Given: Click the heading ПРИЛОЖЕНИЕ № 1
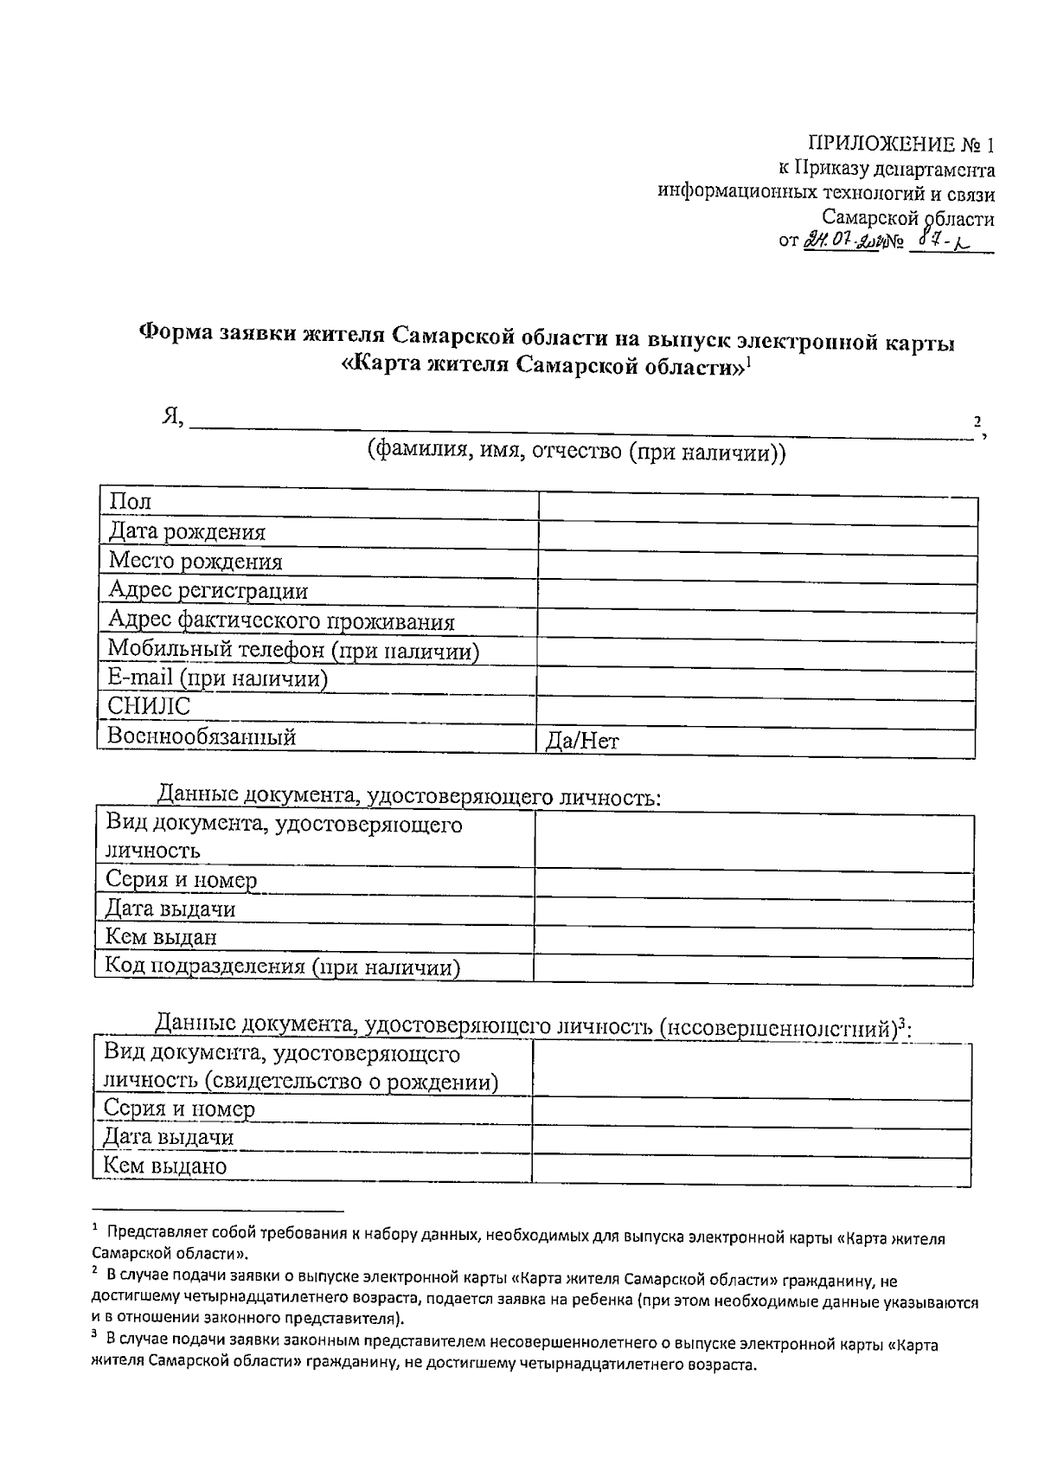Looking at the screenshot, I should (900, 144).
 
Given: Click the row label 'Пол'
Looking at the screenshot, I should (130, 502).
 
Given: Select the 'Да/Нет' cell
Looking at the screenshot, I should (582, 742).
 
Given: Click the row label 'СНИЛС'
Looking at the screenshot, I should (149, 707).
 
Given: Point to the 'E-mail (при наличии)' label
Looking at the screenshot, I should (218, 678).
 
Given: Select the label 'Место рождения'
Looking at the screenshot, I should (195, 562).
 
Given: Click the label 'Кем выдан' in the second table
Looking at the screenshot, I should (161, 937).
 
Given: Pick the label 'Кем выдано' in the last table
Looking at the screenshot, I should (165, 1166).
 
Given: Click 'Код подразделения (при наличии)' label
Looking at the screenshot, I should (282, 967).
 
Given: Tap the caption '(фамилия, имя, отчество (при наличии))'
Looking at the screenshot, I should (576, 452).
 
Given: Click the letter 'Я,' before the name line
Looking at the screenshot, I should (172, 417).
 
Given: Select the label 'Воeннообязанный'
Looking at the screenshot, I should (202, 736).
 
